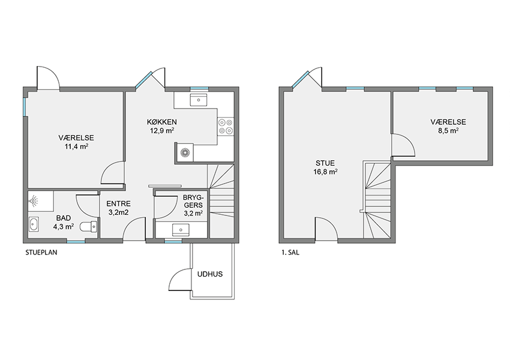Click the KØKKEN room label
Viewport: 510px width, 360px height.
click(161, 122)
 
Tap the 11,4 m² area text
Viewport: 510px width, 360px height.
click(76, 146)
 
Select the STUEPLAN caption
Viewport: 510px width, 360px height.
click(41, 253)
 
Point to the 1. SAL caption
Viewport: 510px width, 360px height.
click(290, 253)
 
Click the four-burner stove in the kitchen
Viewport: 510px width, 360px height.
click(226, 127)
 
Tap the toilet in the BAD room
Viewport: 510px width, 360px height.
click(88, 226)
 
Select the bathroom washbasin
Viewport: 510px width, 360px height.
click(34, 224)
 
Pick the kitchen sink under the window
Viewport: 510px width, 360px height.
click(198, 100)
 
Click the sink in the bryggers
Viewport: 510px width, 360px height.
click(181, 230)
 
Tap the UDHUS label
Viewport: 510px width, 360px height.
click(210, 274)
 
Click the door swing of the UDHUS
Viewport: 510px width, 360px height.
click(179, 279)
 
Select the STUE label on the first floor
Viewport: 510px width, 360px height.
click(325, 163)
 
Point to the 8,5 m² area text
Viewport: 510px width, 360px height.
click(448, 131)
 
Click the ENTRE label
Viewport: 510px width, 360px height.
click(119, 204)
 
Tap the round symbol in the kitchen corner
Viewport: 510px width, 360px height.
click(185, 152)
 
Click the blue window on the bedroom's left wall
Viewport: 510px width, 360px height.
click(25, 106)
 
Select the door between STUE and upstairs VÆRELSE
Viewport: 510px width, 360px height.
click(403, 145)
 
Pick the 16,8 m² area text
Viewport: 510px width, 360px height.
click(325, 172)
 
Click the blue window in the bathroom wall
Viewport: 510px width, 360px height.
click(76, 241)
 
